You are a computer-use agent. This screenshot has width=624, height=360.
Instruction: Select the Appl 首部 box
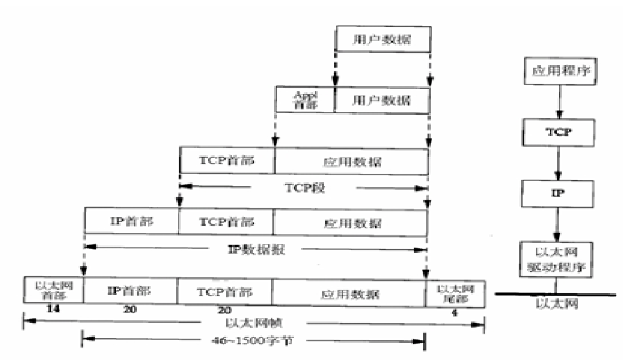click(305, 100)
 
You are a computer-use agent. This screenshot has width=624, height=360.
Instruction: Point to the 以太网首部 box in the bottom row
click(53, 291)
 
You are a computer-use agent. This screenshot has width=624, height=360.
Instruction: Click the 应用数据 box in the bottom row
click(349, 293)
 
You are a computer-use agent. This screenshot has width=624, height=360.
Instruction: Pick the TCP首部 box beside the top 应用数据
click(227, 160)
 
